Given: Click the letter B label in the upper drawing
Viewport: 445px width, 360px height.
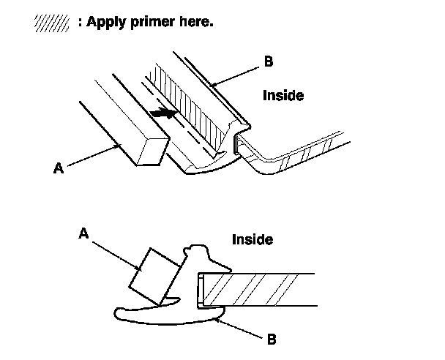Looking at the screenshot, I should coord(268,62).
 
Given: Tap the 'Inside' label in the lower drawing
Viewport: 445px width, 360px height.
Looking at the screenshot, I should coord(253,239).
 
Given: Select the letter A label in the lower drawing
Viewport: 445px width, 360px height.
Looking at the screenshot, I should coord(83,233).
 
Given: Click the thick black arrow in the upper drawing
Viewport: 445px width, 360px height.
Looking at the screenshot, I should coord(162,113).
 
